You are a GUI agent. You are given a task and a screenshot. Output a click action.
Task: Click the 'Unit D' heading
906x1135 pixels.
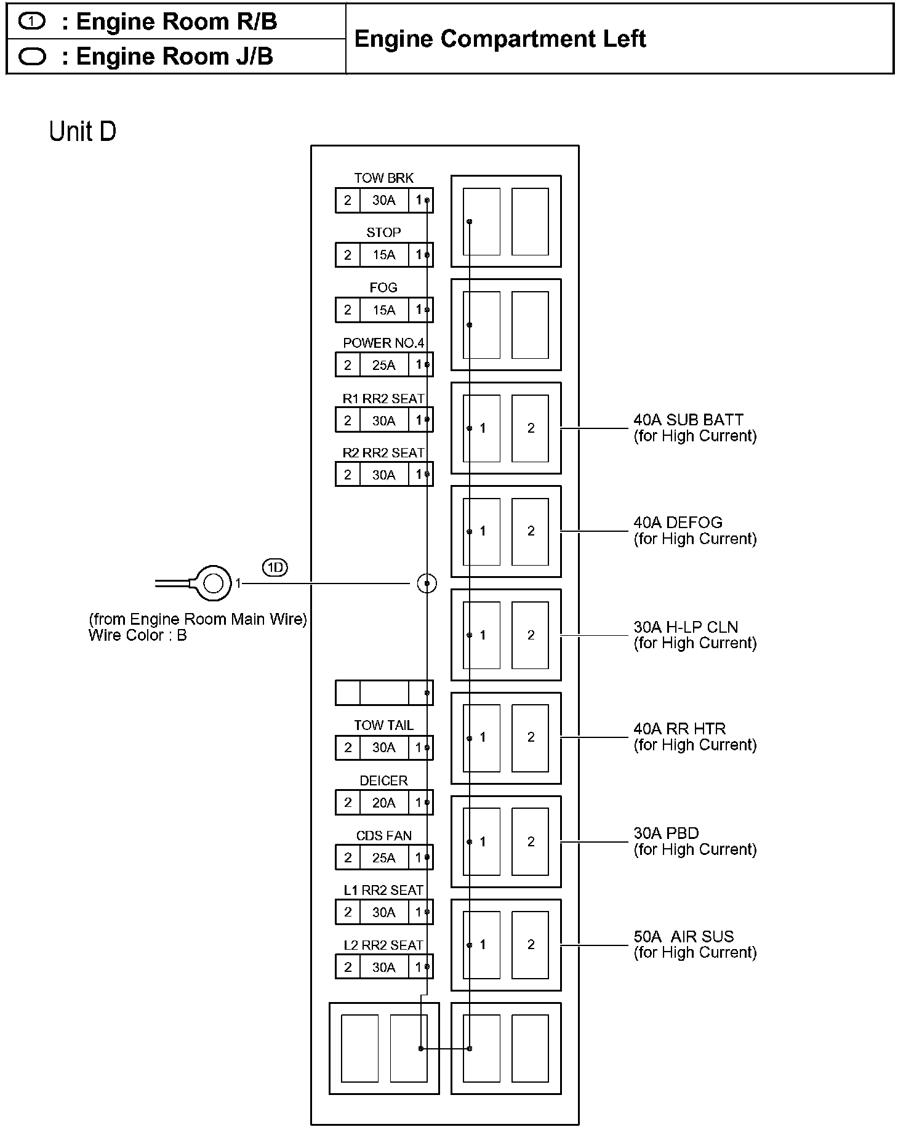pyautogui.click(x=82, y=132)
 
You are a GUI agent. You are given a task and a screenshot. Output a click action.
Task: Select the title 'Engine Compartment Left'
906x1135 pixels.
pyautogui.click(x=500, y=39)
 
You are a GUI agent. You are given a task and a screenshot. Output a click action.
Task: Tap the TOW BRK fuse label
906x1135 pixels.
pyautogui.click(x=383, y=178)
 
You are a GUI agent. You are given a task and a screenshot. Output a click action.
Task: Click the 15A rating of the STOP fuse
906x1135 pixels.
pyautogui.click(x=383, y=255)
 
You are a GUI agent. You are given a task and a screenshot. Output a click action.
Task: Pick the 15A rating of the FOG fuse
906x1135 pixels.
pyautogui.click(x=383, y=310)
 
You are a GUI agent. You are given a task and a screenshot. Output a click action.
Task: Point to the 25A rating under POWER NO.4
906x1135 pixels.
pyautogui.click(x=383, y=365)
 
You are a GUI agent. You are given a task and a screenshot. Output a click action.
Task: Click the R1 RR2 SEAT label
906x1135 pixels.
pyautogui.click(x=383, y=399)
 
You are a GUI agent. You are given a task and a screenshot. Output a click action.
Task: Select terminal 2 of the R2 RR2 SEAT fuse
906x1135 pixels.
pyautogui.click(x=348, y=475)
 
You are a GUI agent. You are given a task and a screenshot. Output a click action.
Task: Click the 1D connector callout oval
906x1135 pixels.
pyautogui.click(x=275, y=567)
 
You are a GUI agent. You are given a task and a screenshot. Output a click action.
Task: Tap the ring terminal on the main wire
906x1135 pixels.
pyautogui.click(x=212, y=582)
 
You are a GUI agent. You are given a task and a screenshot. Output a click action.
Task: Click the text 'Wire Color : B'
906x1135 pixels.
pyautogui.click(x=137, y=635)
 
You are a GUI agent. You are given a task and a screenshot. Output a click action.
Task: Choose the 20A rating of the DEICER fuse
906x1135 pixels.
pyautogui.click(x=383, y=803)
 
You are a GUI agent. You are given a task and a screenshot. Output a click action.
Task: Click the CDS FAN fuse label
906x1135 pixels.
pyautogui.click(x=383, y=835)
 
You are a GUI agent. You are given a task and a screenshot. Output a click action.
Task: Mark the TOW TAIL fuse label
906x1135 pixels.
pyautogui.click(x=383, y=725)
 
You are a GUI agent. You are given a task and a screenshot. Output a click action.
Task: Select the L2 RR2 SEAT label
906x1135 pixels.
pyautogui.click(x=383, y=945)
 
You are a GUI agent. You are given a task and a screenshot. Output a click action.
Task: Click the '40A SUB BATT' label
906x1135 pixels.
pyautogui.click(x=688, y=420)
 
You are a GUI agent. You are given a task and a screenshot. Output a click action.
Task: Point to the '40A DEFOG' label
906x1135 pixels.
pyautogui.click(x=678, y=523)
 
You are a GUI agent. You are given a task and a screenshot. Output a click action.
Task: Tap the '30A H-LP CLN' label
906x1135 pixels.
pyautogui.click(x=686, y=627)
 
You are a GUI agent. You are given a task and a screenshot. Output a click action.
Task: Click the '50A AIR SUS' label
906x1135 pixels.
pyautogui.click(x=683, y=936)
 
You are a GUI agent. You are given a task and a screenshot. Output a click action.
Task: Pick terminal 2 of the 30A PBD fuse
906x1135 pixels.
pyautogui.click(x=531, y=841)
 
